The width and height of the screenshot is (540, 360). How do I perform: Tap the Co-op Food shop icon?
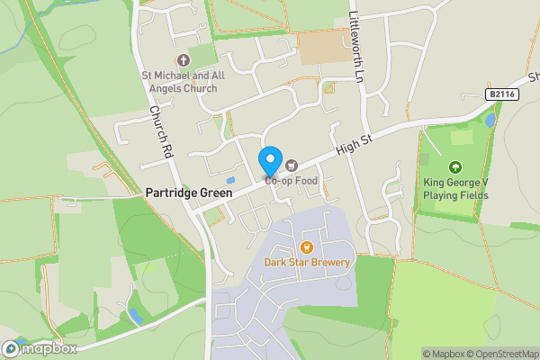click(x=292, y=165)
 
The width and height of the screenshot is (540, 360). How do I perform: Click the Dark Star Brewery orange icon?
click(x=307, y=247)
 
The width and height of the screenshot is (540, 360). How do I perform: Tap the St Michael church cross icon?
click(x=184, y=60)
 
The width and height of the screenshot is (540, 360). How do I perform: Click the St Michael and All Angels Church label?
click(x=184, y=82)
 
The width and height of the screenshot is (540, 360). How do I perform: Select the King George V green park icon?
click(x=455, y=166)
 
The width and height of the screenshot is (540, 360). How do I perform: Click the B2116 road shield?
click(x=502, y=94)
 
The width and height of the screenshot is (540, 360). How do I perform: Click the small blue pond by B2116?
click(x=490, y=119)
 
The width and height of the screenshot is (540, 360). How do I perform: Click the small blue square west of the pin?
click(x=230, y=181)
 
